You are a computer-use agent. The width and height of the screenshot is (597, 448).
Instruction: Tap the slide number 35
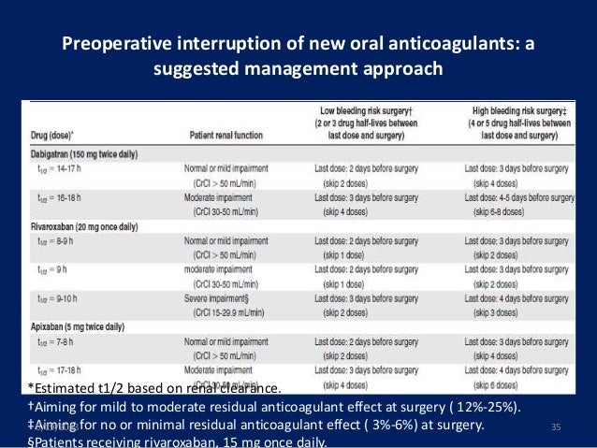point(556,427)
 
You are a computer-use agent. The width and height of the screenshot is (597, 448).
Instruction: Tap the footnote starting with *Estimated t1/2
point(154,389)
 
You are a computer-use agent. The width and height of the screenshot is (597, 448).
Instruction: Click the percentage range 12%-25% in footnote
point(496,408)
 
